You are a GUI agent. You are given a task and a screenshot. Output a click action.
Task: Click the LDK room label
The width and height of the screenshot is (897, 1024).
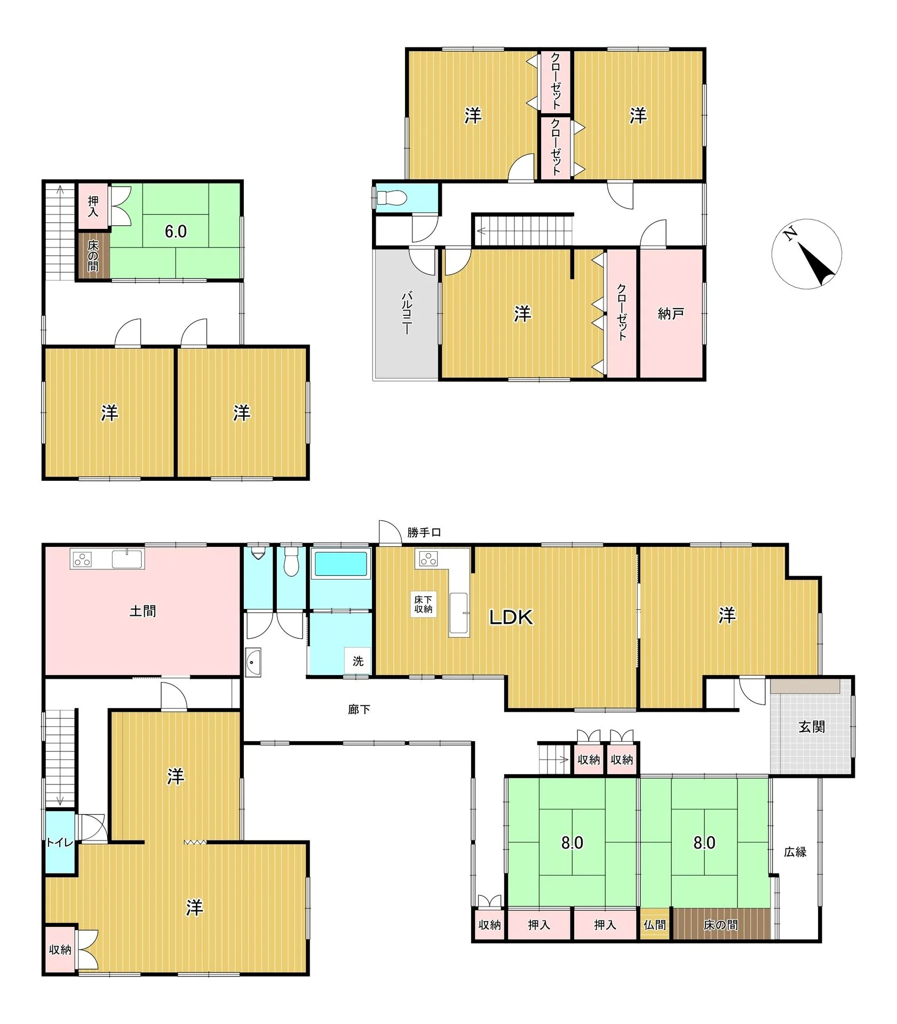coord(511,617)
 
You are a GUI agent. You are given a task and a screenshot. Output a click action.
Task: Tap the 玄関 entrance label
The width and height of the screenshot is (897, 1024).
coord(812,726)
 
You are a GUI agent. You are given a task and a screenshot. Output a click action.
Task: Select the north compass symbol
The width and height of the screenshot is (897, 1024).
coord(806,253)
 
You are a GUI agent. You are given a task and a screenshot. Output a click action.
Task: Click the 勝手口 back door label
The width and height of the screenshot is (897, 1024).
coord(424,532)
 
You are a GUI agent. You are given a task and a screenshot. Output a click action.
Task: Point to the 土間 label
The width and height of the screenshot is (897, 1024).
coord(142,610)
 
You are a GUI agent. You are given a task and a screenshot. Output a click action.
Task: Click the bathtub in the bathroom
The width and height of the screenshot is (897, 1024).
coord(341,565)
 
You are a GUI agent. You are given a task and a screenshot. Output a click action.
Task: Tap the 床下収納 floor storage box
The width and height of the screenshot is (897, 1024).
coord(423,605)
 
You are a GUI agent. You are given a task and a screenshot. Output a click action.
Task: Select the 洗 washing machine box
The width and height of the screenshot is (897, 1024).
coord(358,661)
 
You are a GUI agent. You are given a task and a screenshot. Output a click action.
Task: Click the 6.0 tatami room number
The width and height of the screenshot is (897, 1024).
coord(176,231)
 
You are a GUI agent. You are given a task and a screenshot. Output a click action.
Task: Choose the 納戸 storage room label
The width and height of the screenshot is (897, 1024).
coord(671,314)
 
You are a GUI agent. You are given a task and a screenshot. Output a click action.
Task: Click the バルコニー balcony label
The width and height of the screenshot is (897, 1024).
coord(406,313)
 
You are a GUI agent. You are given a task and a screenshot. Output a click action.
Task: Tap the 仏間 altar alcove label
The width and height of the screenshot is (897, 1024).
coord(655,925)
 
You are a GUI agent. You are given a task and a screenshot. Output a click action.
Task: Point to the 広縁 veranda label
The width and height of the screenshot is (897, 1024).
coord(795,852)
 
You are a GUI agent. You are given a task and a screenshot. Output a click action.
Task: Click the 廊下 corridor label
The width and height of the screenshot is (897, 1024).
coord(359,709)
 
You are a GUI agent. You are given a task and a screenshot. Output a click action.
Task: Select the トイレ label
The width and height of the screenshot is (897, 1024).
coord(59,843)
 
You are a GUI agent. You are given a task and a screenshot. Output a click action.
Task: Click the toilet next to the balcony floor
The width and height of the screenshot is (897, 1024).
coord(391,198)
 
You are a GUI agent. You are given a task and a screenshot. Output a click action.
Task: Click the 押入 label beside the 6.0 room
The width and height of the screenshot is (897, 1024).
coord(93,206)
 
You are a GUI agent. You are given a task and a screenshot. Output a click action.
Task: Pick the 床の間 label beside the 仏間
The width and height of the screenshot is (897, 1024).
coord(721,925)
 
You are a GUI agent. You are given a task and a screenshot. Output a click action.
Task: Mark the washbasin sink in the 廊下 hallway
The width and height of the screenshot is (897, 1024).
coord(253,662)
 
